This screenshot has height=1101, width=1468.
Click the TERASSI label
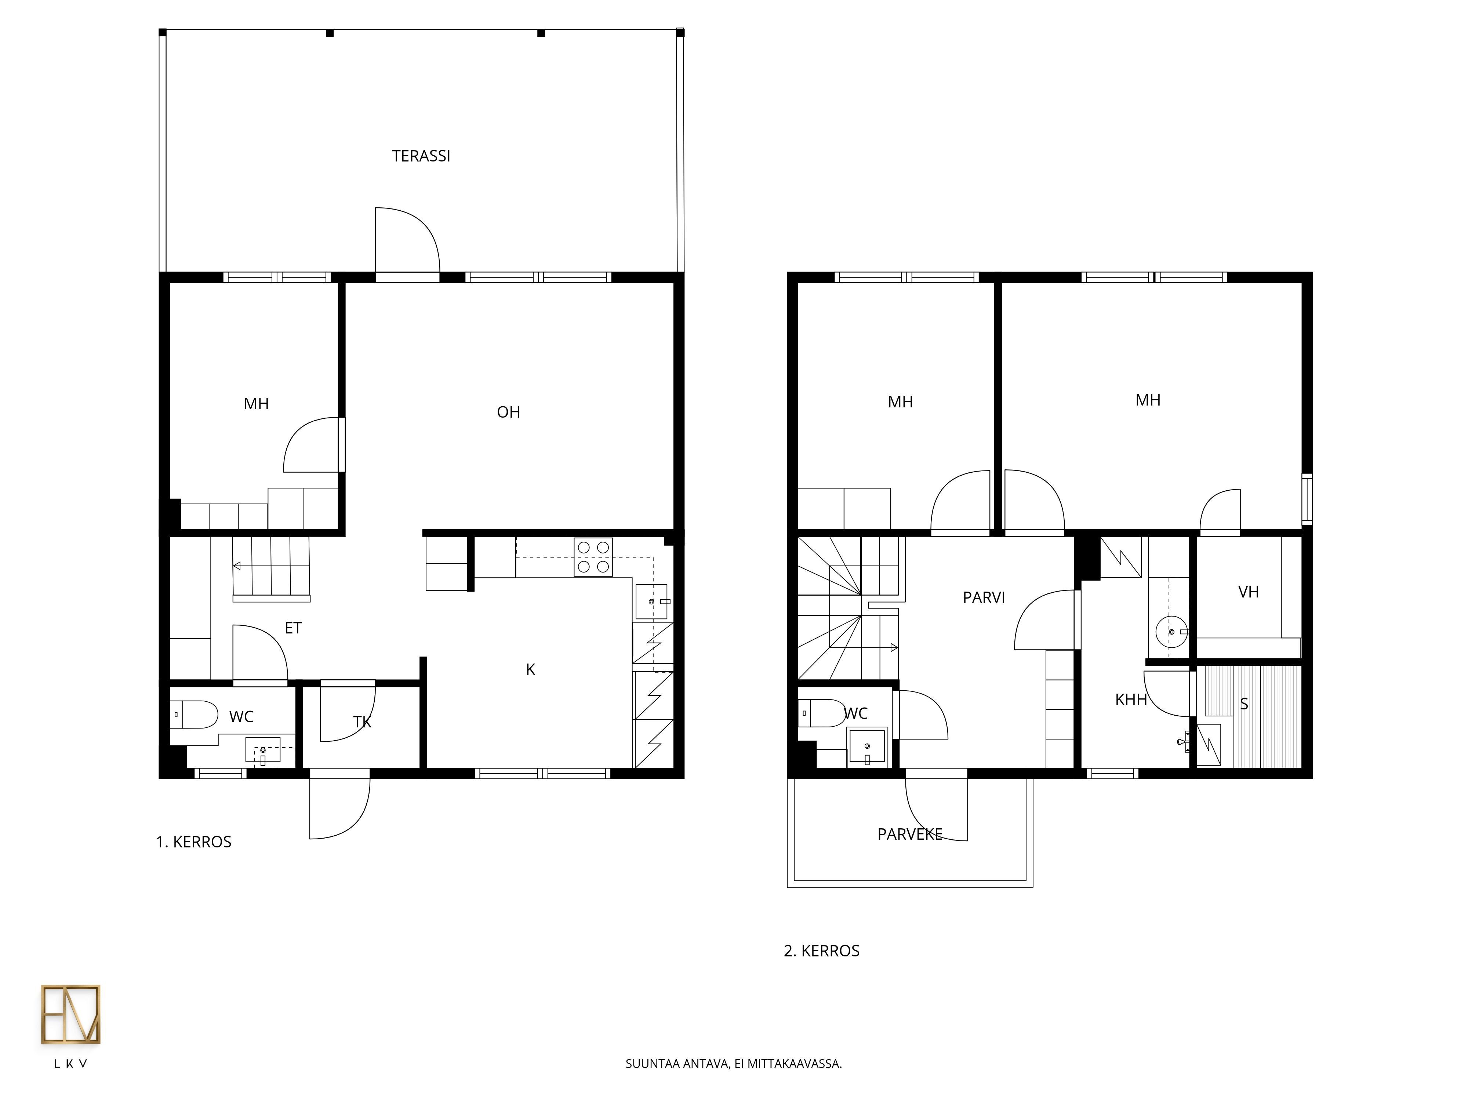click(421, 156)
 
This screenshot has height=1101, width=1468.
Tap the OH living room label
click(508, 412)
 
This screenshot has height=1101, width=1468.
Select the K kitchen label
click(530, 670)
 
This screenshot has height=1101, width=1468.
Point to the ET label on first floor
click(293, 628)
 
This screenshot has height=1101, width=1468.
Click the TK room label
click(362, 722)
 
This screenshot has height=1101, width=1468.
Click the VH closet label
click(1248, 592)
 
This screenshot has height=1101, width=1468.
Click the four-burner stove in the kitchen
click(593, 557)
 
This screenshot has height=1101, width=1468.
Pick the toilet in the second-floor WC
click(822, 713)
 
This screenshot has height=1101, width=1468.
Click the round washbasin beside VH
click(1172, 631)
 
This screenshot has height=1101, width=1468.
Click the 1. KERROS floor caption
click(194, 842)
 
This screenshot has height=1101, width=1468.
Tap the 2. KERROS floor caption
click(822, 951)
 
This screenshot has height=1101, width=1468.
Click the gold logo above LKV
click(70, 1015)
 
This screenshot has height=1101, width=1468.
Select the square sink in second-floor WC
click(867, 747)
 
